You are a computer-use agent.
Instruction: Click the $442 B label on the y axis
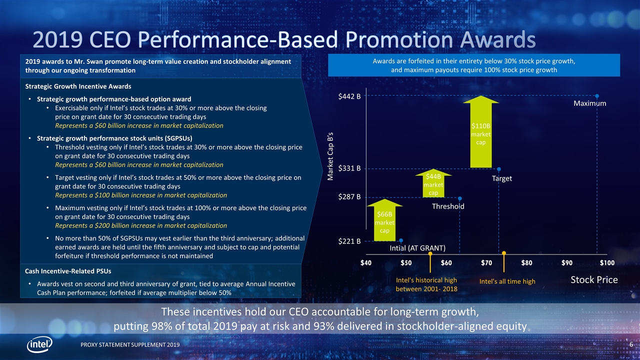click(349, 97)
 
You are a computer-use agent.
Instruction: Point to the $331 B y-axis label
click(349, 168)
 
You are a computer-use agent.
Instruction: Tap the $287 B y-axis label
click(349, 197)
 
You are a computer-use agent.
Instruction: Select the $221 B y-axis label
click(349, 241)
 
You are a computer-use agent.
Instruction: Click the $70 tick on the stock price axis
click(486, 263)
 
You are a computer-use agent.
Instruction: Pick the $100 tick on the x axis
click(607, 263)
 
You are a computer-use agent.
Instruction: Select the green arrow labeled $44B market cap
click(433, 184)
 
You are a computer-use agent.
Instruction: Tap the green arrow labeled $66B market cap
click(384, 220)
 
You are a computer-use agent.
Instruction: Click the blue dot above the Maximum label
click(597, 95)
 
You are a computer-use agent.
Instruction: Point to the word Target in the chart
click(501, 178)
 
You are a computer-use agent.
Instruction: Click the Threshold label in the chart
click(448, 206)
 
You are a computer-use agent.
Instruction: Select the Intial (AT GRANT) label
click(417, 248)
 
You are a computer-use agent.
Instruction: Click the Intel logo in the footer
click(40, 345)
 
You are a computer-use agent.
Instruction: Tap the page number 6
click(631, 345)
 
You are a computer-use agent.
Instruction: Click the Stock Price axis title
click(594, 280)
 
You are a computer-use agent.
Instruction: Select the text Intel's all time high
click(507, 282)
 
